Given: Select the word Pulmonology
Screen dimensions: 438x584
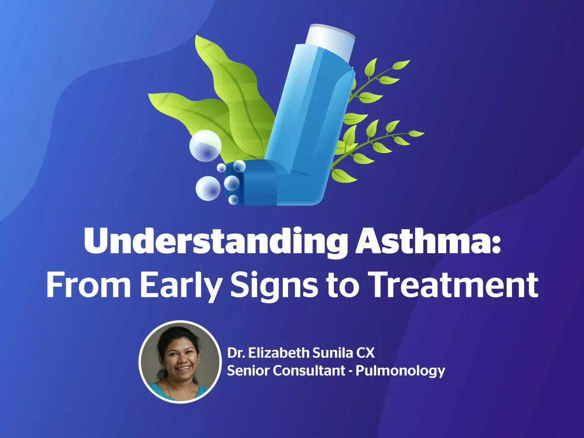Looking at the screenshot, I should (x=400, y=370).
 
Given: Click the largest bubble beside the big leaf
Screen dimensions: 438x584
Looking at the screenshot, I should (x=205, y=146).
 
